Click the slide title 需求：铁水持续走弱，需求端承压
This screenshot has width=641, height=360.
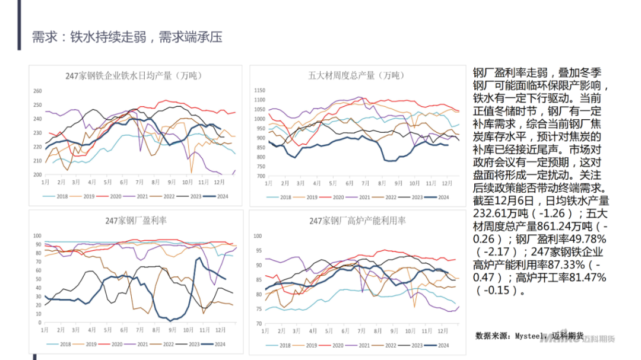point(127,37)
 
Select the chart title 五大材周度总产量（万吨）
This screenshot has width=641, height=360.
point(356,75)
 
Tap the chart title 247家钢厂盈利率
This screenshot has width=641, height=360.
point(136,220)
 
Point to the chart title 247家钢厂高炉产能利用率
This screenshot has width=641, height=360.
point(357,221)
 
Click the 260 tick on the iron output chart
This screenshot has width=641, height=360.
point(37,91)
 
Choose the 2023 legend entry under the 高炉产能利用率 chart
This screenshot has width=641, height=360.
point(417,345)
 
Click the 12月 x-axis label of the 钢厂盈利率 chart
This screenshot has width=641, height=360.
point(220,329)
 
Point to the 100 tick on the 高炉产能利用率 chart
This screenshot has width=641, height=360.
point(258,236)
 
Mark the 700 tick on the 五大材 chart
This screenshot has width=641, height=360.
point(259,176)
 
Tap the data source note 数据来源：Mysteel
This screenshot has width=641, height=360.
point(510,336)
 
